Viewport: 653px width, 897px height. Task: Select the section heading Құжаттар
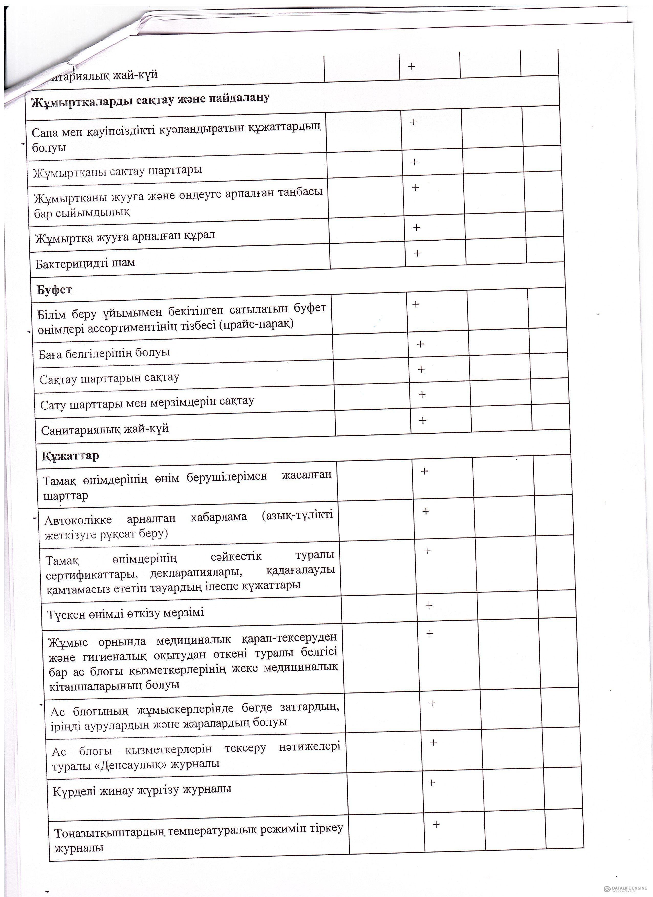tap(70, 456)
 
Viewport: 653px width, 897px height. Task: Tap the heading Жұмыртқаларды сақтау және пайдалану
tap(150, 99)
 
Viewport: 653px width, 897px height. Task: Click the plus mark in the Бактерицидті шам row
tap(417, 253)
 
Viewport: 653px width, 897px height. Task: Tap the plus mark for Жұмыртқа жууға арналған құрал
tap(416, 227)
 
